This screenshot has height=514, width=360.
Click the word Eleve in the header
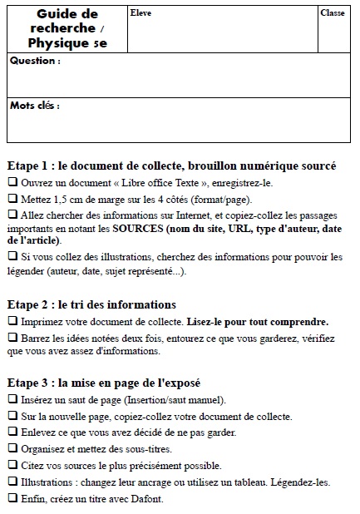click(140, 14)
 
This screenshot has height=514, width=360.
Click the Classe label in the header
click(333, 13)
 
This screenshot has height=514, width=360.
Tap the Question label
click(35, 62)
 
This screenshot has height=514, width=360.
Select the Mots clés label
click(35, 106)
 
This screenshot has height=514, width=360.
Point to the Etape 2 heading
click(91, 305)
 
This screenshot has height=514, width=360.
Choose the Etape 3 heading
click(103, 383)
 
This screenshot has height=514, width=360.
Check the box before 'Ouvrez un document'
click(12, 182)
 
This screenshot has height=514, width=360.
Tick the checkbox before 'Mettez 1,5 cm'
click(12, 199)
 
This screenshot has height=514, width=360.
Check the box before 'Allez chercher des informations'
click(12, 215)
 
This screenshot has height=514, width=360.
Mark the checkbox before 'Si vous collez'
click(12, 258)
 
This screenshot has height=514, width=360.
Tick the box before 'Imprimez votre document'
click(12, 321)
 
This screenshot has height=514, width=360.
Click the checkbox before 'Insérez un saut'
click(12, 400)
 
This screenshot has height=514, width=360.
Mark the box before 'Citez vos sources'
click(12, 465)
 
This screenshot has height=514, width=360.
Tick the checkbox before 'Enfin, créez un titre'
click(12, 498)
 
